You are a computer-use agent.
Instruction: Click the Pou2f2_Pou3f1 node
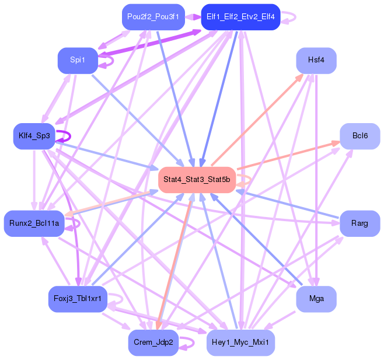point(153,16)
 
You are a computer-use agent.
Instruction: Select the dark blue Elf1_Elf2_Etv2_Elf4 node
point(240,16)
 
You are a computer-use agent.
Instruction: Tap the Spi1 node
point(77,60)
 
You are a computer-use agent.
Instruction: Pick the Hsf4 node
point(316,60)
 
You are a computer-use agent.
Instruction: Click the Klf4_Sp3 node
point(34,136)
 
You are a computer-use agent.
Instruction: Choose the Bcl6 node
point(360,136)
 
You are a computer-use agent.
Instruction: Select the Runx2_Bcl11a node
point(34,223)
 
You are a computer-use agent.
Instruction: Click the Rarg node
point(360,223)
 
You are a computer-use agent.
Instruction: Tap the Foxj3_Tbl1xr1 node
point(77,299)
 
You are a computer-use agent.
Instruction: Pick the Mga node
point(316,299)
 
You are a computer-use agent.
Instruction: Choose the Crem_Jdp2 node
point(153,342)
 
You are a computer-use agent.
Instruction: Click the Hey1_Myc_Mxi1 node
point(240,342)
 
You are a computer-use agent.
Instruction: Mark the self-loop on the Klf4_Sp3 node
point(67,137)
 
